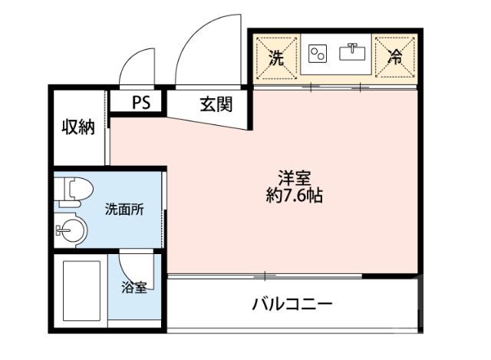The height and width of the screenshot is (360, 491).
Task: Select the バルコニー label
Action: pos(292,305)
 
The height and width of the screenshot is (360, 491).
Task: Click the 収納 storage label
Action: pos(78,127)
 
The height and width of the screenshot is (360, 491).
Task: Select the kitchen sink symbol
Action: pos(354,53)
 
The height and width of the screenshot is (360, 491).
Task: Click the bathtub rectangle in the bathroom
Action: pos(81,291)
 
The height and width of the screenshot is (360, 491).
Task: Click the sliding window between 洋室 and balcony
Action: pos(265,276)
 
